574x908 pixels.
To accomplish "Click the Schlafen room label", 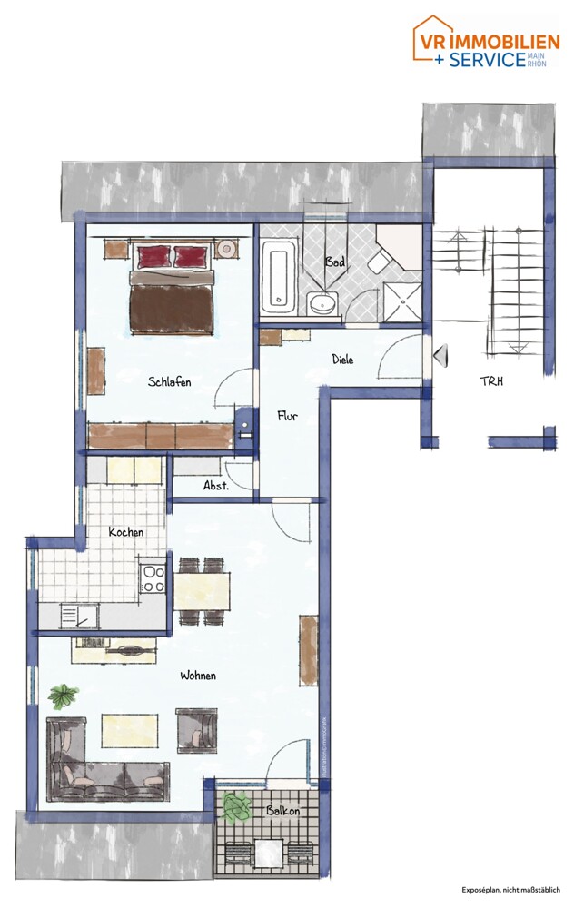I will click(x=169, y=382).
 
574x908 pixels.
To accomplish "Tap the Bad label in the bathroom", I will click(x=335, y=262).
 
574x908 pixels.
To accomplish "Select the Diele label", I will click(x=341, y=360).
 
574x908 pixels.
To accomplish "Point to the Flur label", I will click(x=288, y=417).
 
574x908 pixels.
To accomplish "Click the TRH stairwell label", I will click(x=491, y=382).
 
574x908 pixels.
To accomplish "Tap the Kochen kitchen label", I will click(x=125, y=531).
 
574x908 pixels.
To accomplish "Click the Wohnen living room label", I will click(x=197, y=676).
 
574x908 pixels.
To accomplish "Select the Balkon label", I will click(x=283, y=810).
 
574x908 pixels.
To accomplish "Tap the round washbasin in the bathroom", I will click(x=321, y=304).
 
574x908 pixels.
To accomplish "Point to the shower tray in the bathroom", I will click(x=402, y=301).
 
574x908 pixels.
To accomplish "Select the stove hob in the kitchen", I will click(x=153, y=578).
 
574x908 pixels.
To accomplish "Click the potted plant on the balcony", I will click(x=238, y=806).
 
